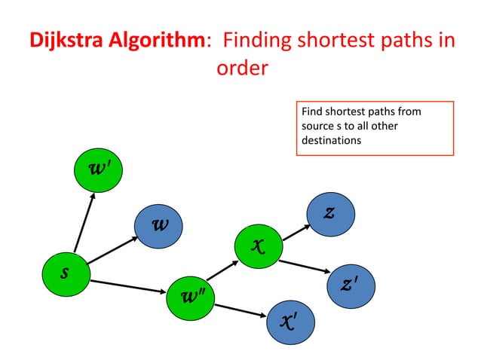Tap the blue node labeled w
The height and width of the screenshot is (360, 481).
point(159,225)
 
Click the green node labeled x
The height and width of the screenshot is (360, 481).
point(257,244)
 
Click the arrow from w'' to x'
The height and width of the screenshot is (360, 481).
point(240,308)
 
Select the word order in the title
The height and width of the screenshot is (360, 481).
point(241,69)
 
